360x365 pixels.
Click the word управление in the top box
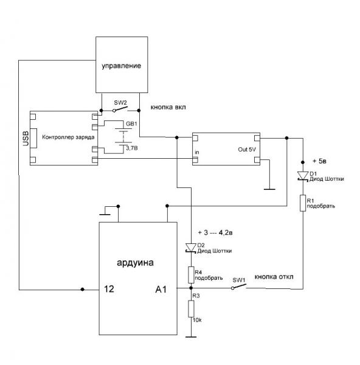121,66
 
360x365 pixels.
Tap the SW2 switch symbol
120,109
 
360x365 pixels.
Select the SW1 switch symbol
239,287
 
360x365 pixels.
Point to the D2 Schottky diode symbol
191,248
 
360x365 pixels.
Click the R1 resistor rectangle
302,203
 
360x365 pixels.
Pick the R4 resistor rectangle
191,275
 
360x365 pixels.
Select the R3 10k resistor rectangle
191,308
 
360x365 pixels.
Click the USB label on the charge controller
26,139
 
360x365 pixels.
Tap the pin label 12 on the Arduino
109,289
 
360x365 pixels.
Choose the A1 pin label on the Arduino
161,290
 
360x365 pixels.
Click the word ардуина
135,263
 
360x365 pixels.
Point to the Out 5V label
247,150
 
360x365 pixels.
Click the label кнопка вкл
168,107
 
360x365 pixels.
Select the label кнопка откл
274,277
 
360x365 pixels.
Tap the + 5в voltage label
319,161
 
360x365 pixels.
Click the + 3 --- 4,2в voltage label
215,232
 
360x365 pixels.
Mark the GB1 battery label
131,124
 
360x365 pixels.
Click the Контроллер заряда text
68,137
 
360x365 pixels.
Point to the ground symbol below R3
191,336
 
